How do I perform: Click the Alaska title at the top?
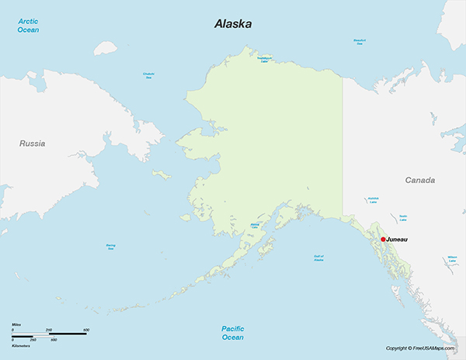(x=233, y=24)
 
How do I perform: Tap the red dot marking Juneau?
(x=383, y=240)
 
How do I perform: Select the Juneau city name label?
(x=397, y=240)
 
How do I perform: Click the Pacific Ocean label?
(x=232, y=333)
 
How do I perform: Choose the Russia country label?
(x=33, y=144)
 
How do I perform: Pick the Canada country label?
(x=420, y=180)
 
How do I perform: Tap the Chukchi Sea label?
(x=148, y=75)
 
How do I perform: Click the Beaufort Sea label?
(x=360, y=42)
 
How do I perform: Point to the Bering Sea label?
(x=110, y=247)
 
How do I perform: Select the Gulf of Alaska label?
(x=318, y=258)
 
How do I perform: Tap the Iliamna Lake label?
(x=255, y=227)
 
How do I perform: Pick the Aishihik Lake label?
(x=374, y=199)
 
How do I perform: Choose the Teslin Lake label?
(x=403, y=217)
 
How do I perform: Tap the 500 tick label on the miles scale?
(x=85, y=330)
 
